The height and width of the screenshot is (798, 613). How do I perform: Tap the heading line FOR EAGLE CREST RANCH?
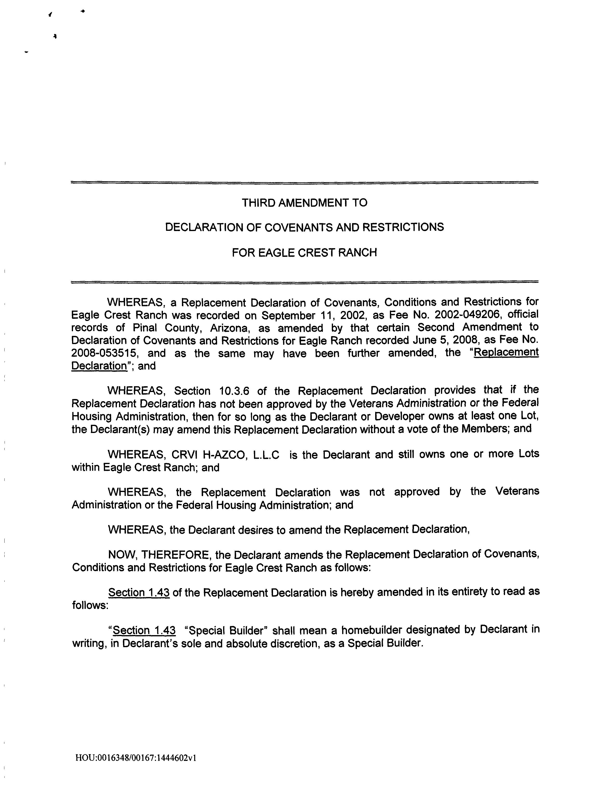(304, 253)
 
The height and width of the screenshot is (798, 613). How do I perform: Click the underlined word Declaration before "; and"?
(99, 366)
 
